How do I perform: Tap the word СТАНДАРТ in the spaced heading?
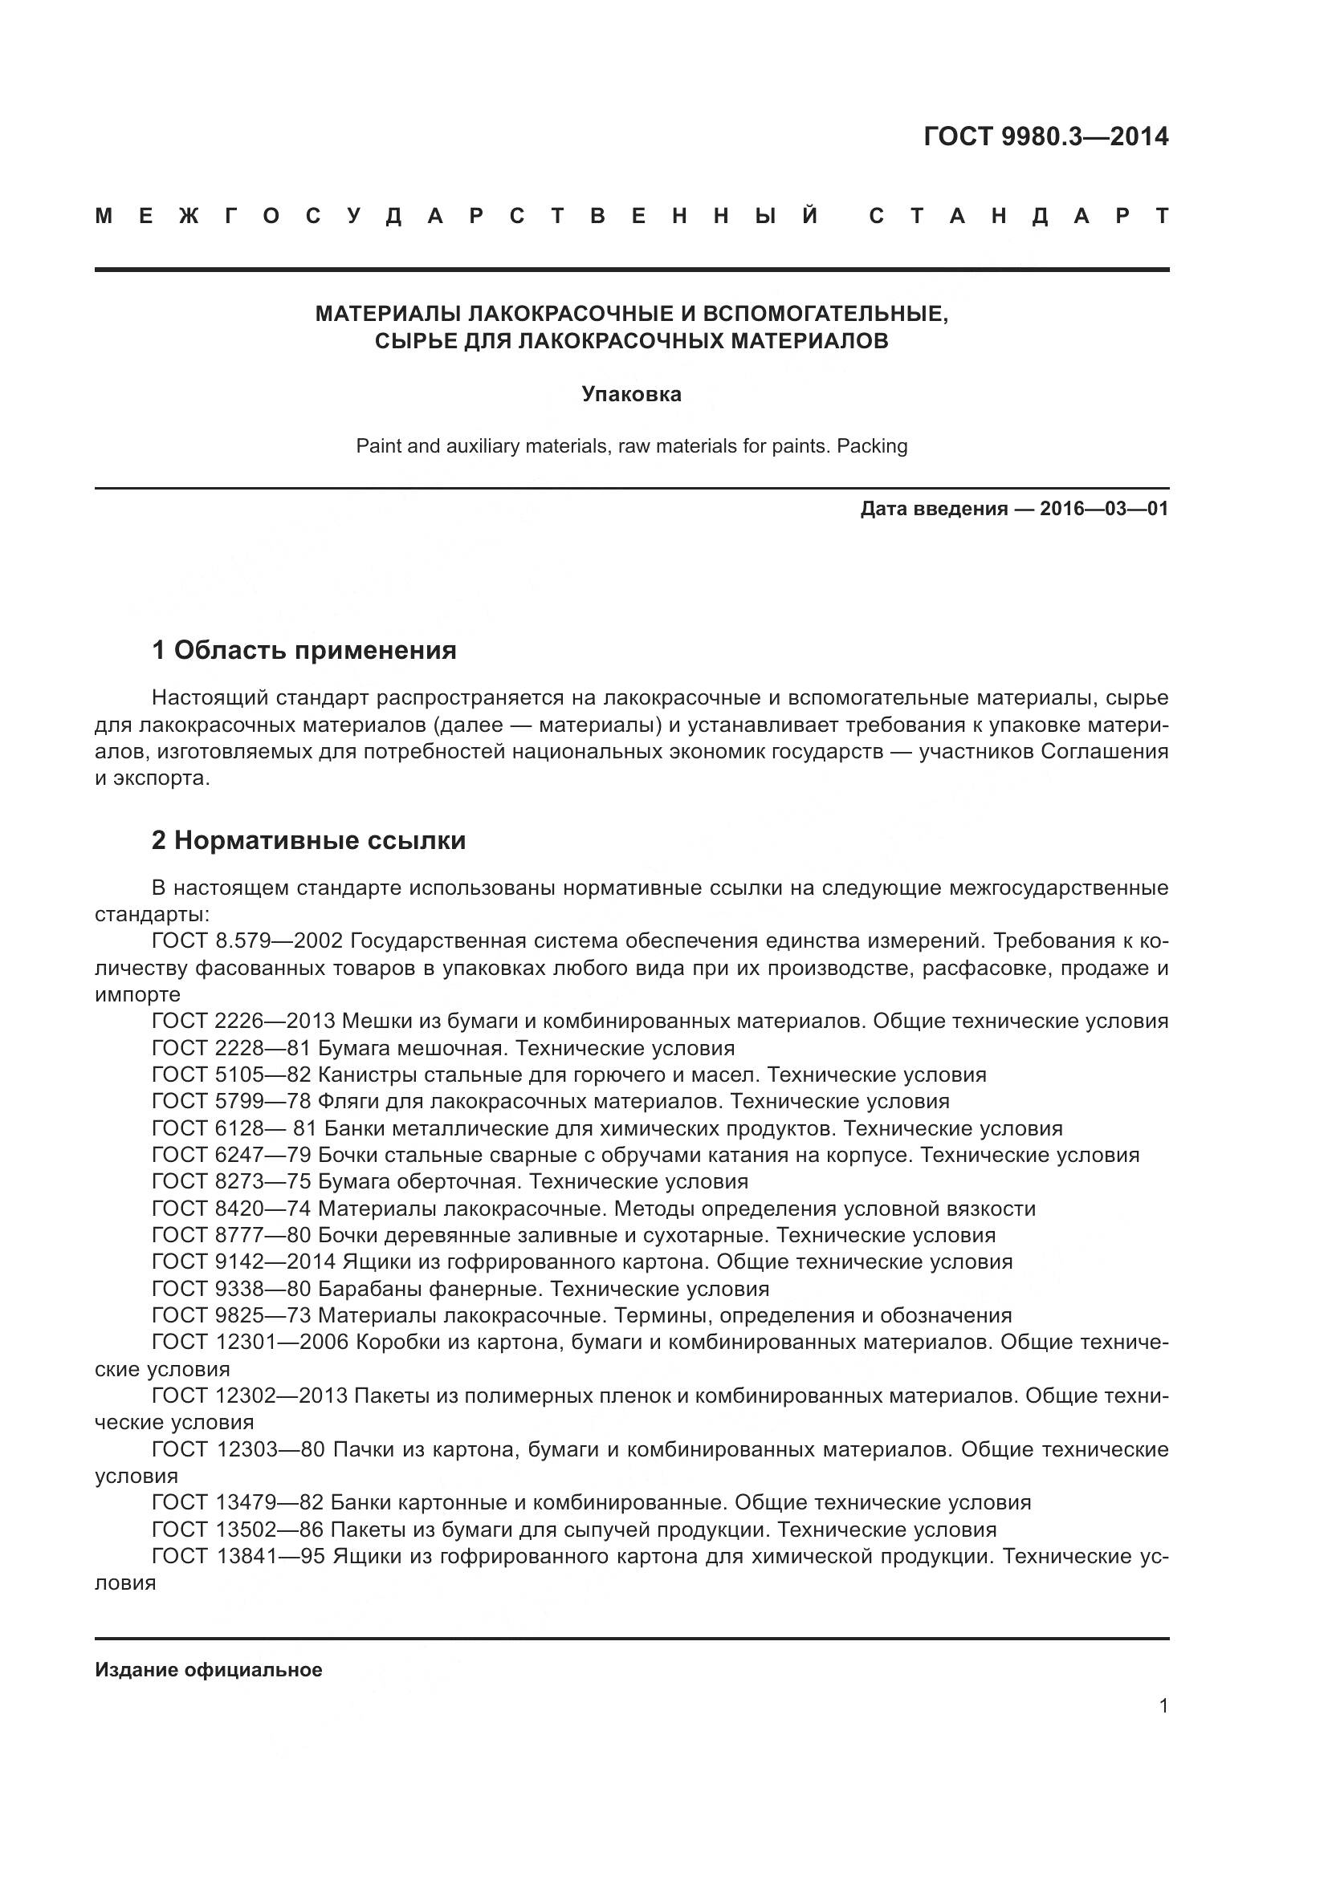(x=1018, y=217)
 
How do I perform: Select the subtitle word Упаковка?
(x=631, y=394)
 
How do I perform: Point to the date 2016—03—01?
(x=1103, y=509)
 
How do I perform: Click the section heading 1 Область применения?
(x=303, y=651)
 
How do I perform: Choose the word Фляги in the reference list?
(x=347, y=1101)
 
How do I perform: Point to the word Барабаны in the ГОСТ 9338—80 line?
(x=365, y=1290)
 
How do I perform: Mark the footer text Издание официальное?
(x=209, y=1670)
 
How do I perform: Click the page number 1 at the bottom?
(x=1163, y=1705)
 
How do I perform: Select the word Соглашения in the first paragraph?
(x=1104, y=751)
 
